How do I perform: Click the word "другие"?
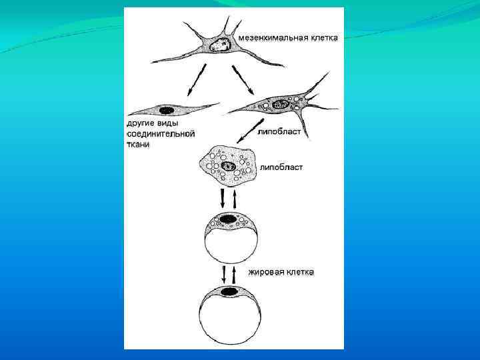point(141,123)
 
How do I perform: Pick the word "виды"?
point(173,123)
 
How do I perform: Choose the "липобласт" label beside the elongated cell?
point(279,133)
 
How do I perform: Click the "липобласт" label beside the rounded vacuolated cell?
point(281,167)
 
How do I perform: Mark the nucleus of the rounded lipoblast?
point(229,166)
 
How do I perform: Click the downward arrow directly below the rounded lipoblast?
point(223,198)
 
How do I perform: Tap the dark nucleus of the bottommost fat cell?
point(230,291)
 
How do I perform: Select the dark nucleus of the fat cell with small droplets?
point(228,219)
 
